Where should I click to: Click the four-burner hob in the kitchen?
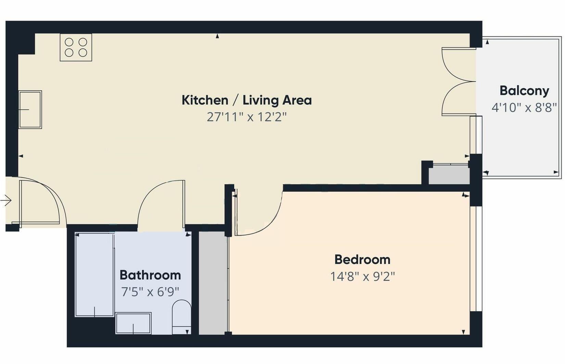76,47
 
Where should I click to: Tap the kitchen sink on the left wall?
30,109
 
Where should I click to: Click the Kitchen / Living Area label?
246,100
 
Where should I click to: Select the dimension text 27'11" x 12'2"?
246,117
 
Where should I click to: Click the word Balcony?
524,91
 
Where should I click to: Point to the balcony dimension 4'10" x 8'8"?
524,108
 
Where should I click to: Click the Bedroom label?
362,260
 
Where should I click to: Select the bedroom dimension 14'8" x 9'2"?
362,276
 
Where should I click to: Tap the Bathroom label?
150,275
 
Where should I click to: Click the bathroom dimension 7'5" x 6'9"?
150,292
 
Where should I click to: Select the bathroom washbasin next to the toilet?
133,323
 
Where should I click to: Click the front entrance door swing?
41,202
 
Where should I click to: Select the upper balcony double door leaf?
457,65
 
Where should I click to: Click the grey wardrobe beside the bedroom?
213,283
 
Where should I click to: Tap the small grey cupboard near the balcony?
449,175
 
